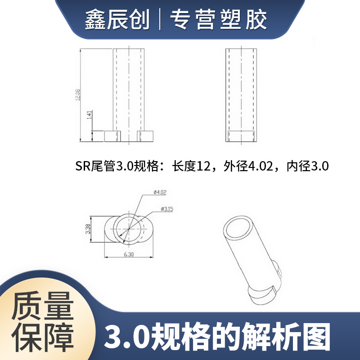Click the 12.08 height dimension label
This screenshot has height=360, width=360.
[78, 95]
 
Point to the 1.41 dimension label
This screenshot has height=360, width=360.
[90, 116]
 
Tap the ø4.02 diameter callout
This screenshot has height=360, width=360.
[160, 193]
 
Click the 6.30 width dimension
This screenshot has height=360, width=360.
[129, 254]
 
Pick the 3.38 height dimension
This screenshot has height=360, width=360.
[88, 229]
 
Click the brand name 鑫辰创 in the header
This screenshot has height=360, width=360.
[117, 20]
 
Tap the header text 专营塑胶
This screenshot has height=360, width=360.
[218, 20]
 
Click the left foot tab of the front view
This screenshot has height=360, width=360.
[113, 135]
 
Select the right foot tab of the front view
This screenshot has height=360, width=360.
[146, 135]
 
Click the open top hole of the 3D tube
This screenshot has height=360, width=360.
[238, 228]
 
